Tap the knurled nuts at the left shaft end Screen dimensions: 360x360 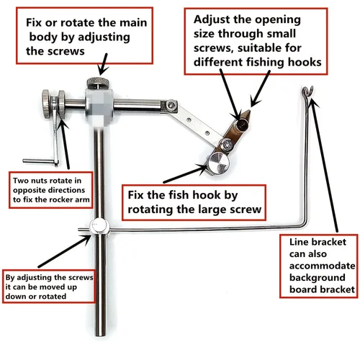coord(51,104)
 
